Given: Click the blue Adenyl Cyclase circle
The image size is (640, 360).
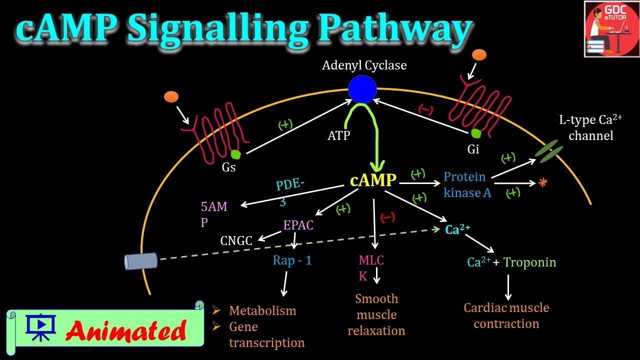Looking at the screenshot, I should coord(362,89).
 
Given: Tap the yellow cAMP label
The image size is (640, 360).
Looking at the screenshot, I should coord(373,180).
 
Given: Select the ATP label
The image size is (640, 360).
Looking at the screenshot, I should coord(339,135).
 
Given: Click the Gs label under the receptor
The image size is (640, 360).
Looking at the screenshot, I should coord(229,167).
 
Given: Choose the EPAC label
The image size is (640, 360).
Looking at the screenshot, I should coord(298,225).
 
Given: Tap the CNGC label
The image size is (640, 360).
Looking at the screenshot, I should coord(236,241).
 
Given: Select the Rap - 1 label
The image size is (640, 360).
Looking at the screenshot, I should coord(292,260).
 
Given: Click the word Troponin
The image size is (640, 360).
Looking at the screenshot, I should coord(529,262).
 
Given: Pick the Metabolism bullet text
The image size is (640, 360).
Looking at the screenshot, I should coord(262,310).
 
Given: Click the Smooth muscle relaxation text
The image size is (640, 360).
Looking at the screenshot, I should coord(376,314).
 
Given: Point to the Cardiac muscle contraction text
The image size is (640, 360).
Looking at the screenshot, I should coord(506,315).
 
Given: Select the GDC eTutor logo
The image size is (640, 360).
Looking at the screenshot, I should coord(611,29).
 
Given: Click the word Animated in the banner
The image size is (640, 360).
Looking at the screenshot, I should coord(125,330).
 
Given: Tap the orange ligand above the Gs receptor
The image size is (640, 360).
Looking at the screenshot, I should coord(171,96).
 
